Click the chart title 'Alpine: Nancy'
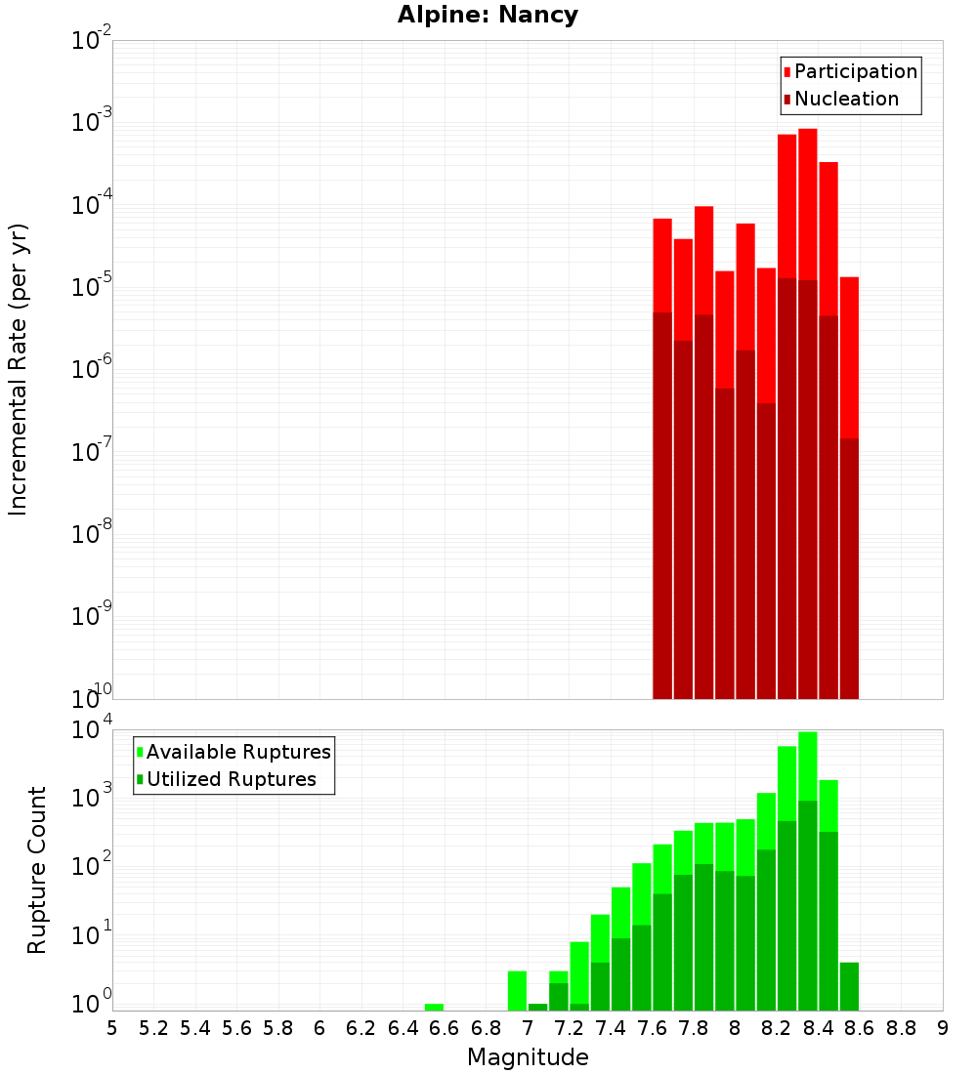point(488,16)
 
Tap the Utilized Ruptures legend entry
point(231,779)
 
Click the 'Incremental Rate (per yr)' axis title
point(19,369)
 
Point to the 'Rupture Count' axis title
point(37,869)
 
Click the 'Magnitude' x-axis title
point(528,1057)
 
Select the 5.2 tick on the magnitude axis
point(153,1028)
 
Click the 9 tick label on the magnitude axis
point(943,1028)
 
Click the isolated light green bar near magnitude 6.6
point(434,1007)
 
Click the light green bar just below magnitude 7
point(517,990)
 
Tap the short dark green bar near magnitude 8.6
point(849,986)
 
